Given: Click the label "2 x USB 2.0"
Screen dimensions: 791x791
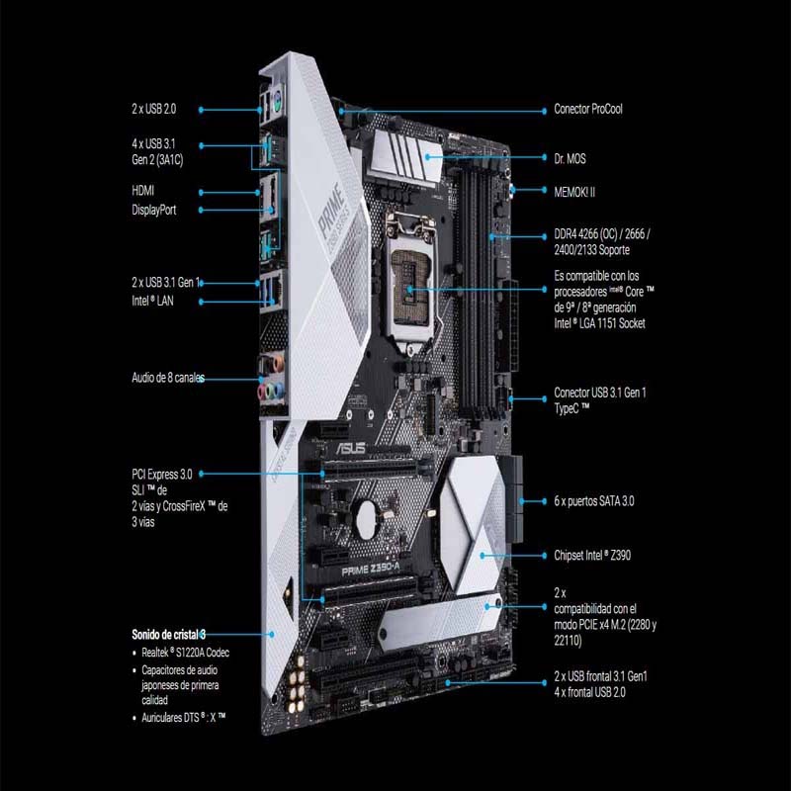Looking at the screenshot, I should [x=156, y=110].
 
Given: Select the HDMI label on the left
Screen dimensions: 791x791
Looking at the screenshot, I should [x=143, y=190].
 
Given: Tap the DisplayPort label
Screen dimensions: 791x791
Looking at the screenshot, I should [x=154, y=210].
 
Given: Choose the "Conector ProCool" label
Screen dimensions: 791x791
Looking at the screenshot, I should [x=588, y=109].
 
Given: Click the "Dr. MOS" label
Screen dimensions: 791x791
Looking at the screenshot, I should [x=571, y=157].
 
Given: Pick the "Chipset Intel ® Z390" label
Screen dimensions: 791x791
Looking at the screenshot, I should [x=592, y=556].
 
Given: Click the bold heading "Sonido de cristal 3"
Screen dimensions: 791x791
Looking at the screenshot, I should [x=169, y=634].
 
